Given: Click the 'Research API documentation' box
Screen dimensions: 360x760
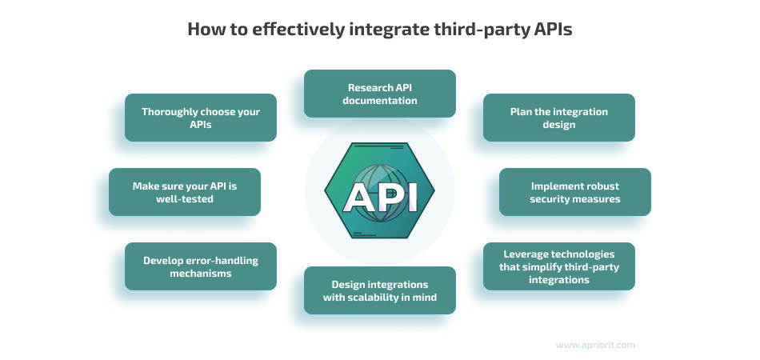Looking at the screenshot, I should [380, 94].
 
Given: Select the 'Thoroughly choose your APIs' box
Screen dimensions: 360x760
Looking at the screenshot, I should [201, 118].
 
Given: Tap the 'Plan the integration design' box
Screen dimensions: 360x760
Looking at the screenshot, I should [559, 118].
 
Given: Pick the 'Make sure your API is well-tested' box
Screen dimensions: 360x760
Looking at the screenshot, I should [185, 192].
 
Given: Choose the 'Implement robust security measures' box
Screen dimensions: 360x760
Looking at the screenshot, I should [575, 192].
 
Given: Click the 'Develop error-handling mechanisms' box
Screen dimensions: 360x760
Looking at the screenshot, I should [201, 266].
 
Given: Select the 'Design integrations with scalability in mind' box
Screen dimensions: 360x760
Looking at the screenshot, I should [380, 290].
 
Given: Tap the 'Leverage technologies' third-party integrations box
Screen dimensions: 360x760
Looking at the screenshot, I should [559, 266].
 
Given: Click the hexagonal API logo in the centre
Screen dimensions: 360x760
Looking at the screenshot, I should [380, 190].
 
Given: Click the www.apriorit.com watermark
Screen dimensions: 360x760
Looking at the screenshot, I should [595, 345].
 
